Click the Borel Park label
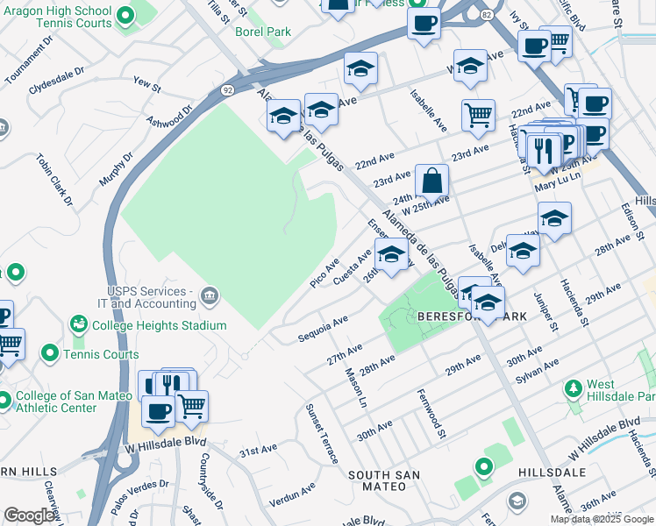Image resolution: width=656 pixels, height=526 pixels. (262, 32)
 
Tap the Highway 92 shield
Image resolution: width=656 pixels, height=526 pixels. (226, 89)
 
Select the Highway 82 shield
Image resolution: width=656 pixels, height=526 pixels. (486, 15)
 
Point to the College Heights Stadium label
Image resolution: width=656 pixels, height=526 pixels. (168, 325)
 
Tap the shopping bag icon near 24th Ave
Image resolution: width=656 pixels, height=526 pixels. (431, 181)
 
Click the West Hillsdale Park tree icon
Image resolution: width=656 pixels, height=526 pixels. (574, 387)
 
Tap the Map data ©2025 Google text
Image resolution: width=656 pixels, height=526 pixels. (602, 519)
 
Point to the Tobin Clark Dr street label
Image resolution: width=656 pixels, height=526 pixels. (53, 180)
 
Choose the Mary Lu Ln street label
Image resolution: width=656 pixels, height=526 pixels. (558, 176)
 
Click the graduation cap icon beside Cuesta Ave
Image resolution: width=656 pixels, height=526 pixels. (391, 256)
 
